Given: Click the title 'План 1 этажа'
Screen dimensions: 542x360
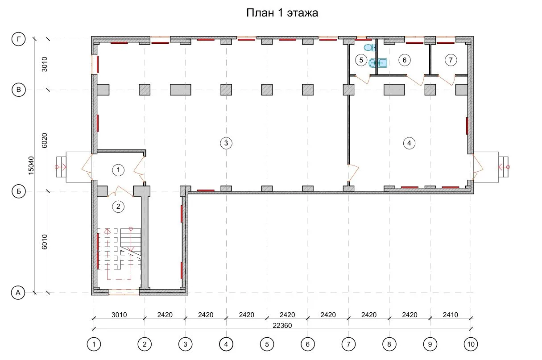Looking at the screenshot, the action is (282, 13).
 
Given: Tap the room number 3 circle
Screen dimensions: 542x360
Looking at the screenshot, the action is (226, 143).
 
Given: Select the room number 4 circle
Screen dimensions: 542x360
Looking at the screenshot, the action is (409, 143).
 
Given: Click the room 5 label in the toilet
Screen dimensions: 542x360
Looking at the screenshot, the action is (361, 60).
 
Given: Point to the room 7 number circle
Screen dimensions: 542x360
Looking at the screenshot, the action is (451, 60).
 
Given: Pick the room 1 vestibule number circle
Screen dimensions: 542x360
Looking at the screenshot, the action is (118, 170).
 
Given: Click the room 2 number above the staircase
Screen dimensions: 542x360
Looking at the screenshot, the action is (118, 207).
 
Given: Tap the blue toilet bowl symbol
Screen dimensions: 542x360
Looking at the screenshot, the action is (369, 47).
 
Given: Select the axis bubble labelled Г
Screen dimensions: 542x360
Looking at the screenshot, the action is (19, 39).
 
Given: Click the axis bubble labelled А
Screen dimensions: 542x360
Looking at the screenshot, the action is (18, 293).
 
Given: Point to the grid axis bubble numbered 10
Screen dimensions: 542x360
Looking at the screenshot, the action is (471, 344).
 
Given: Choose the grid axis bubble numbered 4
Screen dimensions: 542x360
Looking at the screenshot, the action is (226, 344).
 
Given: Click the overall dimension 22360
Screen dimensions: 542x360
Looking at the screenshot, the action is (282, 326).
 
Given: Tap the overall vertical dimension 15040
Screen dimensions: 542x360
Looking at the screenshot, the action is (31, 166).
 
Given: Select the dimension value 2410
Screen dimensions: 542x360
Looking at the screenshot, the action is (450, 315).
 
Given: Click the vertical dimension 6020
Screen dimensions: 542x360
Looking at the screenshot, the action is (45, 141).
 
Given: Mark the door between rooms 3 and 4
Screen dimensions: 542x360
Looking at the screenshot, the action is (353, 173).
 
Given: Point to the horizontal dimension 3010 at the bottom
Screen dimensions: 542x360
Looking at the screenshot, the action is (119, 315).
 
